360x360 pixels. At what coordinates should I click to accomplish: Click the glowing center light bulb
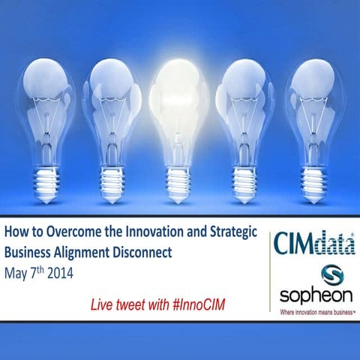click(x=180, y=105)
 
